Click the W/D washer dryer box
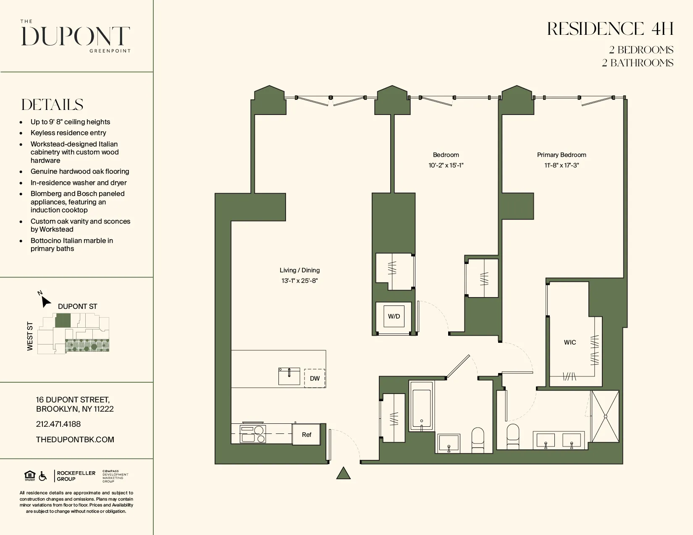pos(394,316)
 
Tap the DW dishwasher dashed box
pos(315,378)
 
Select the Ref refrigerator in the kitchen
pos(307,434)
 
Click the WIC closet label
pos(570,342)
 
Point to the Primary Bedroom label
pos(561,155)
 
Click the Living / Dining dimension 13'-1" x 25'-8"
pos(299,281)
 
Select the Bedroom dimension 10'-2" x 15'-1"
pos(446,165)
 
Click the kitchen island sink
pos(289,376)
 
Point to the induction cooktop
pos(252,434)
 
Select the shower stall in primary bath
pos(605,416)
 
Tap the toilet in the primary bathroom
pos(513,436)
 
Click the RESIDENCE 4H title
pos(610,29)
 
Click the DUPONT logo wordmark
pos(76,36)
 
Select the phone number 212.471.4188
pos(58,424)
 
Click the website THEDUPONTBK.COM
pos(75,439)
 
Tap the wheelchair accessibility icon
pos(42,476)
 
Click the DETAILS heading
pos(52,104)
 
